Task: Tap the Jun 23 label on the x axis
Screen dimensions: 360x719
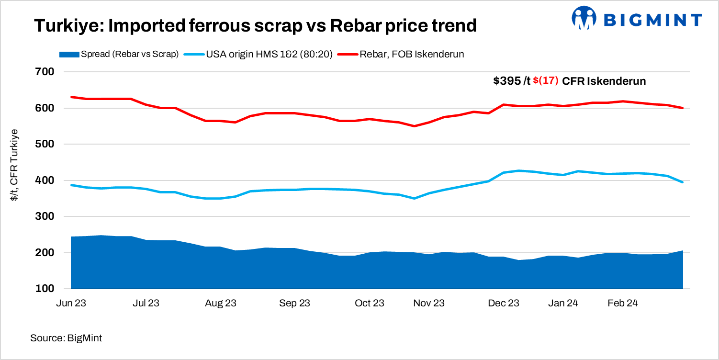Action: (x=71, y=303)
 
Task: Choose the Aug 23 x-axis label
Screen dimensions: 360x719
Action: (x=221, y=303)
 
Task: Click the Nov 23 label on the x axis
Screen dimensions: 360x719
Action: (x=429, y=303)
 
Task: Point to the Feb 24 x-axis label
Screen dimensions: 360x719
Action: (x=622, y=303)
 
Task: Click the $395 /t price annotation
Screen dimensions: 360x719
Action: (x=512, y=81)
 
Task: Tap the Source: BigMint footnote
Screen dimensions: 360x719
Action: (x=66, y=338)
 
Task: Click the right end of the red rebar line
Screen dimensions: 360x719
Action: (x=682, y=108)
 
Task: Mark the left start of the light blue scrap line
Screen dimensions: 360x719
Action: (x=71, y=185)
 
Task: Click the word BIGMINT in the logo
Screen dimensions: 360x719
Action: (x=653, y=19)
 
